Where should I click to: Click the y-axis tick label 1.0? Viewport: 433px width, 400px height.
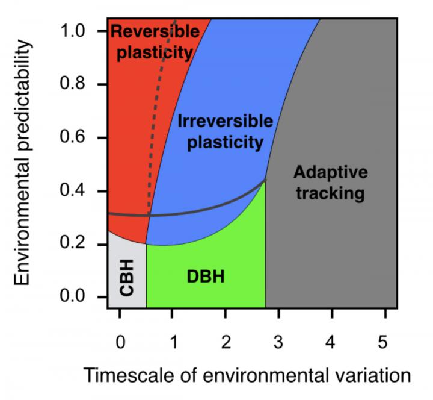pyautogui.click(x=72, y=31)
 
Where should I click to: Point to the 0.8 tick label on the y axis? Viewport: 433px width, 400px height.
pyautogui.click(x=72, y=83)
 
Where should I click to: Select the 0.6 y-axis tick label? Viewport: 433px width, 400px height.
pyautogui.click(x=72, y=136)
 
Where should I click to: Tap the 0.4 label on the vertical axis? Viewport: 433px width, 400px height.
pyautogui.click(x=72, y=190)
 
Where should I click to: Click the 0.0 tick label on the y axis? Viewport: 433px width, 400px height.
pyautogui.click(x=72, y=296)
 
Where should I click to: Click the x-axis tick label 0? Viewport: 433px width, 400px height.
pyautogui.click(x=120, y=342)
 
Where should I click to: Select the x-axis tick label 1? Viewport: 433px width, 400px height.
pyautogui.click(x=173, y=342)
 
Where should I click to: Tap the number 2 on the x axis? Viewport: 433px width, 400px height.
pyautogui.click(x=226, y=342)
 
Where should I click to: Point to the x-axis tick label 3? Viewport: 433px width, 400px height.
pyautogui.click(x=278, y=342)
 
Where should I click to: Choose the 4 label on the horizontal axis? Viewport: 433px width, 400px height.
pyautogui.click(x=330, y=342)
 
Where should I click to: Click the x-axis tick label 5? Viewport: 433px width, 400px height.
pyautogui.click(x=382, y=342)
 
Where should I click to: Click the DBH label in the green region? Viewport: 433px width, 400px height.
pyautogui.click(x=206, y=277)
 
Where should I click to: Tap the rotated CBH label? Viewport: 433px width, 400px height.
pyautogui.click(x=127, y=278)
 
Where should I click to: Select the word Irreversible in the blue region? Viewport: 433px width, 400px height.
pyautogui.click(x=226, y=121)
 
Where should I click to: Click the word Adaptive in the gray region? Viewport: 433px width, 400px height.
pyautogui.click(x=331, y=173)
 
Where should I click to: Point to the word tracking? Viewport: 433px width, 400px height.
pyautogui.click(x=331, y=193)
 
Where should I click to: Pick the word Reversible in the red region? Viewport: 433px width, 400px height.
pyautogui.click(x=155, y=31)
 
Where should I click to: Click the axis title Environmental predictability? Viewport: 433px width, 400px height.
pyautogui.click(x=22, y=163)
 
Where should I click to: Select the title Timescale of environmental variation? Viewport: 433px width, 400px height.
pyautogui.click(x=247, y=375)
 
